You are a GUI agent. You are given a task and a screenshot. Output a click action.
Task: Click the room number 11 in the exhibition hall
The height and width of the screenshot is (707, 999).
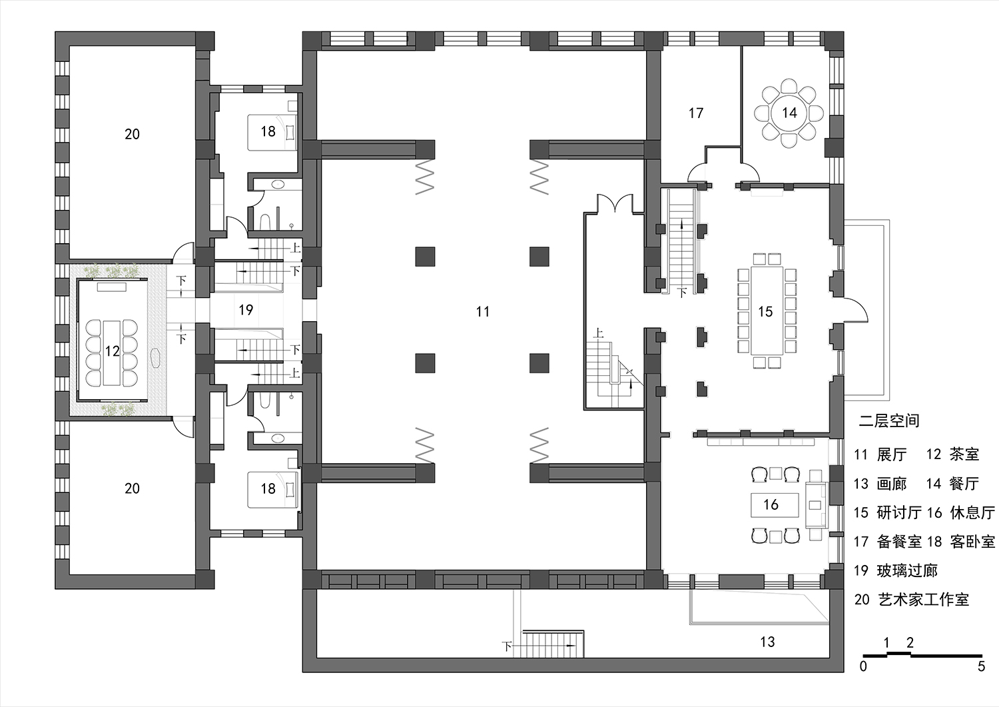[x=483, y=311]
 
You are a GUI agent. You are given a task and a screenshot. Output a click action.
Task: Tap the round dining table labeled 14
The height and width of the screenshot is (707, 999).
[x=789, y=113]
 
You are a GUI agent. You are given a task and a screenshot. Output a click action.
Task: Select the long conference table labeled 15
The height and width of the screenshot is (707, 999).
[x=765, y=311]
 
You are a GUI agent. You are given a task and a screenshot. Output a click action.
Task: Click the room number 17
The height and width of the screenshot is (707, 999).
[x=696, y=113]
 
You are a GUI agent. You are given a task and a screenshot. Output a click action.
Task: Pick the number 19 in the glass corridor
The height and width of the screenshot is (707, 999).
[x=246, y=309]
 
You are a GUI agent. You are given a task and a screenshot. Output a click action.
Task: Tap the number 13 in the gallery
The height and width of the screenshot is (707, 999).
[x=767, y=642]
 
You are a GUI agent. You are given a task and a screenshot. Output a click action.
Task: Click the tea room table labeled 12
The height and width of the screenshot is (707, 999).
[x=112, y=351]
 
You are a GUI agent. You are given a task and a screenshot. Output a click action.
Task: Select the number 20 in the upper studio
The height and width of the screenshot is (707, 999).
[x=132, y=134]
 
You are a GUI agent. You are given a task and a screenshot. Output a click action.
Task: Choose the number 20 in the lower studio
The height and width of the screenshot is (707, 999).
[x=132, y=488]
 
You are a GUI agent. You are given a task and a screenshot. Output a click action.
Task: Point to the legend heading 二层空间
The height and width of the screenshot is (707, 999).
[x=888, y=420]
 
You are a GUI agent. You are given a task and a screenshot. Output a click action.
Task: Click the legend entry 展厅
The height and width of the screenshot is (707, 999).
[x=892, y=454]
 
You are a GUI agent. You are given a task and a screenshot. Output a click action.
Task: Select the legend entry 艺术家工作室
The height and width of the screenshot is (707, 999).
[x=922, y=599]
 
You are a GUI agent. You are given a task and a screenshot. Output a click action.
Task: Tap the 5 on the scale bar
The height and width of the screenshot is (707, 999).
[x=980, y=666]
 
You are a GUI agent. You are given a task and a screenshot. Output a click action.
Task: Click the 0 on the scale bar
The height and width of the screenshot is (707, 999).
[x=863, y=666]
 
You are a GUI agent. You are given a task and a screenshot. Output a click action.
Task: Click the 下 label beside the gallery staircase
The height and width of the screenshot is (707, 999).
[x=507, y=646]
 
